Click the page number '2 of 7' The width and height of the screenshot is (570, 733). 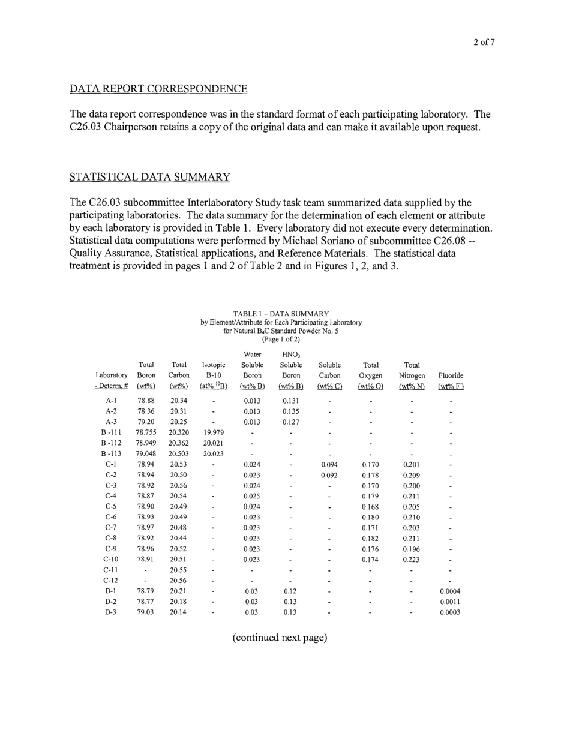click(x=483, y=42)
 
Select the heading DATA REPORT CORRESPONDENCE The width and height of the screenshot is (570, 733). click(x=158, y=89)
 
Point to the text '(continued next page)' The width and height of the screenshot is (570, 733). click(x=280, y=637)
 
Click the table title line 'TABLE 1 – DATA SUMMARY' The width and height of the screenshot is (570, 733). click(x=281, y=314)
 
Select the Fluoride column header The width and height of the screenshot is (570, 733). click(x=451, y=375)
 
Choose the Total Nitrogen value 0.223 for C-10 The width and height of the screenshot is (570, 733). click(x=411, y=559)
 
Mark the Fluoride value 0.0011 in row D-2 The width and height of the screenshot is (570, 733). click(x=450, y=602)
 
